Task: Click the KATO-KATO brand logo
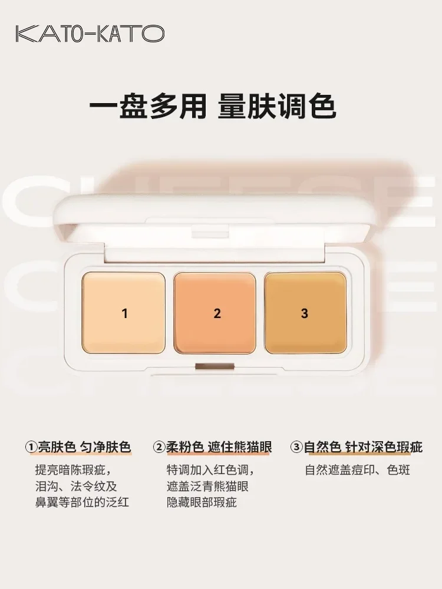coord(90,34)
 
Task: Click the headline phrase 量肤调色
coord(277,107)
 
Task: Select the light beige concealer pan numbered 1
coord(124,312)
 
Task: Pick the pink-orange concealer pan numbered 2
coord(217,312)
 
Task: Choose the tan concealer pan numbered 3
coord(304,312)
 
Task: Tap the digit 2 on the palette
coord(217,314)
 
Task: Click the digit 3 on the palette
coord(304,314)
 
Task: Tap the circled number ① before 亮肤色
coord(31,448)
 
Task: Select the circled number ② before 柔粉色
coord(159,448)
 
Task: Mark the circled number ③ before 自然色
coord(296,448)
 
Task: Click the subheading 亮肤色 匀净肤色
coord(84,448)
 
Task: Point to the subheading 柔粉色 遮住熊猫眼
coord(218,448)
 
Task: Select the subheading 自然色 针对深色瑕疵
coord(363,448)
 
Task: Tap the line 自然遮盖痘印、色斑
coord(357,470)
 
